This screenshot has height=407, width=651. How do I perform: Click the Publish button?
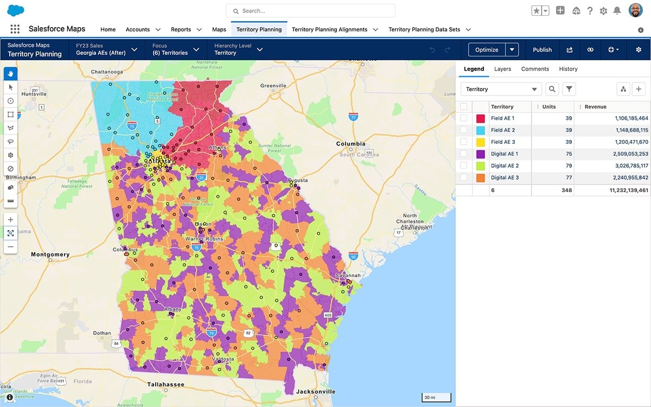(542, 49)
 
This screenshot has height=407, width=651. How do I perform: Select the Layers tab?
(502, 69)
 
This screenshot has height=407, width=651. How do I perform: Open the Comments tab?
(535, 69)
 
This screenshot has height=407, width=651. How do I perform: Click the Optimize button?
(487, 49)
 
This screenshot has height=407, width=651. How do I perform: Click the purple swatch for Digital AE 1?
(480, 154)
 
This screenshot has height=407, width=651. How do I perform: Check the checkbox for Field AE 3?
(464, 142)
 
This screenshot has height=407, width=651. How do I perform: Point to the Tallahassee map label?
(165, 384)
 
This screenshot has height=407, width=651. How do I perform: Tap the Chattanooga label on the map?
(111, 72)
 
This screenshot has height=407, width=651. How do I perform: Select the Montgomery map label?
(50, 255)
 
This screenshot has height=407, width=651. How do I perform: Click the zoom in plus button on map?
(10, 220)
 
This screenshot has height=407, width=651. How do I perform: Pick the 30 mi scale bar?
(436, 398)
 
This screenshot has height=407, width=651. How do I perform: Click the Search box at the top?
(310, 11)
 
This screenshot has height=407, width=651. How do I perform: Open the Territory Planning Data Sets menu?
(429, 29)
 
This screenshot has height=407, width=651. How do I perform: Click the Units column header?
(549, 107)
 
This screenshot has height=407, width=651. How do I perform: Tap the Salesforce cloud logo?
(16, 10)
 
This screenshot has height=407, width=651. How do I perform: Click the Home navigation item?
(108, 29)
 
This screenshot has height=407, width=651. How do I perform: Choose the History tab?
(568, 69)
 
